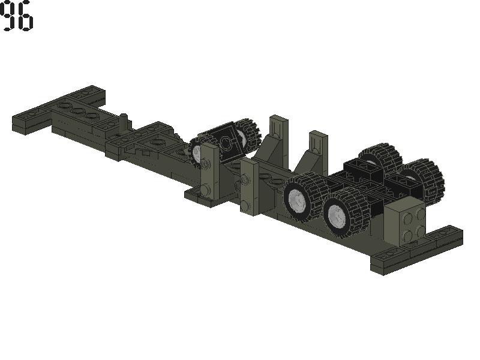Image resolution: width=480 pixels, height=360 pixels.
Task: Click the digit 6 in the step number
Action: (x=25, y=16)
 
